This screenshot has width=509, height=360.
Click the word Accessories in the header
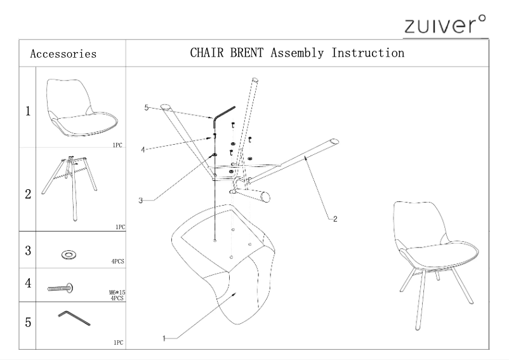[x=63, y=54]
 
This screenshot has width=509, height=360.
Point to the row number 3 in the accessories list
[x=28, y=250]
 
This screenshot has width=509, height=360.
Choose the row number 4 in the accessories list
[x=28, y=283]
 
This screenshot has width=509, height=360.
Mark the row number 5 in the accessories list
[x=28, y=322]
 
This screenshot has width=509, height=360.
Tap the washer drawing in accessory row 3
[x=67, y=255]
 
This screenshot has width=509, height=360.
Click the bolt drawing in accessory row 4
[x=61, y=288]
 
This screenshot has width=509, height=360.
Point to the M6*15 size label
[x=116, y=293]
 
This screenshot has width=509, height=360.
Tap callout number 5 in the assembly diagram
[x=146, y=108]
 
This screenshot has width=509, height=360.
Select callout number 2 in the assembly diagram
[x=335, y=220]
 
